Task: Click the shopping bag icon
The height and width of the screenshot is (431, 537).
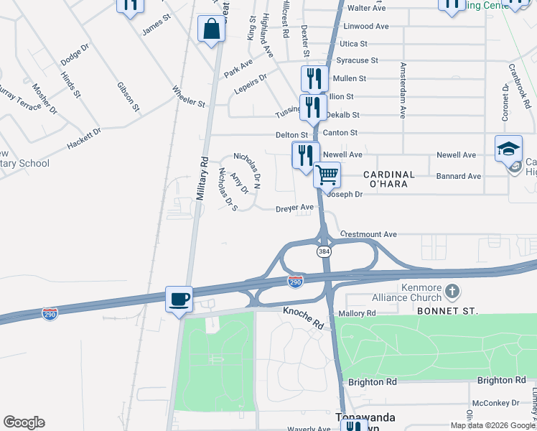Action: click(212, 30)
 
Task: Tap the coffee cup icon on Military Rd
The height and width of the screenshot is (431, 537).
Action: click(179, 299)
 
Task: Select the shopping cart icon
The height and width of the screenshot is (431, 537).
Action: click(327, 174)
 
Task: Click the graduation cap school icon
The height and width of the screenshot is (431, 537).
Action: click(508, 148)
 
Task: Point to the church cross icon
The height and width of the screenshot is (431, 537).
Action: click(452, 291)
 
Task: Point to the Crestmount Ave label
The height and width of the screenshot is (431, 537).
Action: click(368, 234)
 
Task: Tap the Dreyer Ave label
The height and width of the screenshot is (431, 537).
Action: click(295, 208)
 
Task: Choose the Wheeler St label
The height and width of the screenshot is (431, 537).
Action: click(188, 96)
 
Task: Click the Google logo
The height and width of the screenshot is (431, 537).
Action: click(24, 422)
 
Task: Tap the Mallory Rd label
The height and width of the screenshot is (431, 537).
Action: click(360, 313)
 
